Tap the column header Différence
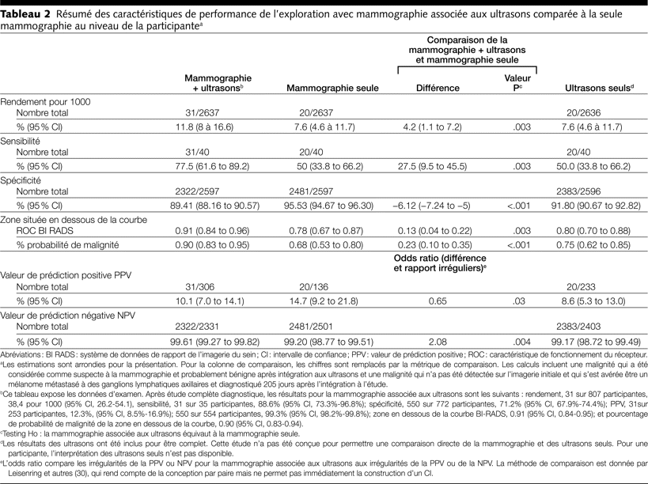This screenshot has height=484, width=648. (437, 89)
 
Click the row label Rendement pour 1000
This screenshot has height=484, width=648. (45, 102)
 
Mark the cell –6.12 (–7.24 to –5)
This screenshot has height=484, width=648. (437, 204)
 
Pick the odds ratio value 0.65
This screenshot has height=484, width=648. (437, 301)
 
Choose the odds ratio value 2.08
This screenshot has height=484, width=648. (437, 341)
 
